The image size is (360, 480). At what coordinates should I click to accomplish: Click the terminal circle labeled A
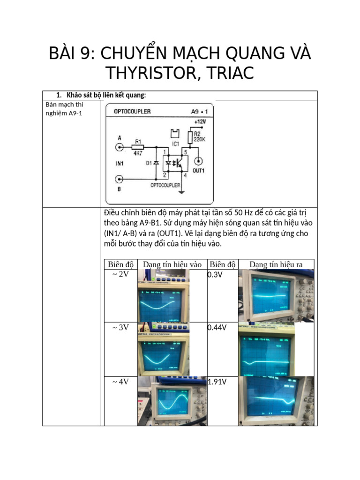point(120,147)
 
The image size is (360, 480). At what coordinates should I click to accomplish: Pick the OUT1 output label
point(198,171)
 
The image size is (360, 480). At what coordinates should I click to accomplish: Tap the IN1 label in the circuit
point(120,163)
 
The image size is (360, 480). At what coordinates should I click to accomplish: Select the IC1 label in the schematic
point(176,143)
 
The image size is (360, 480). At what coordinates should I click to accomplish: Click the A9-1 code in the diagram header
point(200,112)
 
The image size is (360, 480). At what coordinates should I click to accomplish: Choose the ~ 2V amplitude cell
point(120,274)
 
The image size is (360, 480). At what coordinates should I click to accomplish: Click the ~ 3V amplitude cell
point(120,328)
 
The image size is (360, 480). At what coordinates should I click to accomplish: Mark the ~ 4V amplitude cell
point(120,382)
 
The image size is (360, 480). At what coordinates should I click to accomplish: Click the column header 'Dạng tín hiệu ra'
point(276,264)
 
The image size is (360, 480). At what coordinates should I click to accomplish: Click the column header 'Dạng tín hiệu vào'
point(172,264)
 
